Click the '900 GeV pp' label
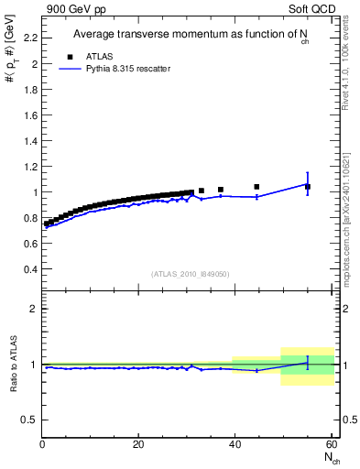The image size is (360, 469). click(72, 8)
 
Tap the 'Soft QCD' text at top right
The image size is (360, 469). click(314, 8)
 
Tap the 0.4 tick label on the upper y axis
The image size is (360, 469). click(28, 269)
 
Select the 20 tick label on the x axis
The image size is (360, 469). click(138, 445)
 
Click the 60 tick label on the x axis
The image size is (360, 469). click(331, 445)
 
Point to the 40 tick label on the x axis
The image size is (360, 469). click(235, 445)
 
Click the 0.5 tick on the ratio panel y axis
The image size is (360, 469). click(28, 420)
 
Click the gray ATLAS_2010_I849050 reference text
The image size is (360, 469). click(191, 274)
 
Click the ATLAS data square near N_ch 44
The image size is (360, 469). click(256, 187)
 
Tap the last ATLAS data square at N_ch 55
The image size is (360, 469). click(308, 187)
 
